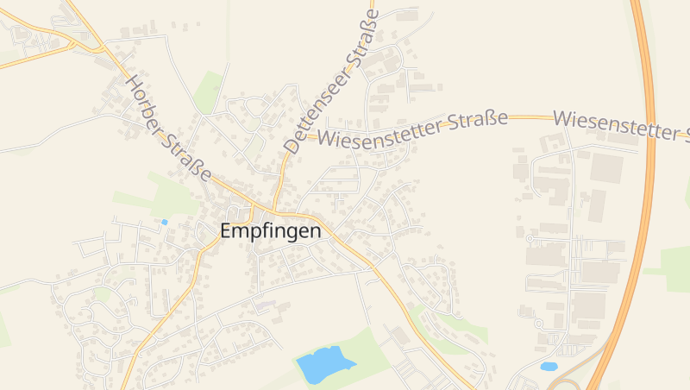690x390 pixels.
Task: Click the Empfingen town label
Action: (271, 231)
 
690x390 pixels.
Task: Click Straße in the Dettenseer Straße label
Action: (364, 41)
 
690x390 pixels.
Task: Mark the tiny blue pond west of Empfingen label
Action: (164, 222)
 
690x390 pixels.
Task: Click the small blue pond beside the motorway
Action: (549, 366)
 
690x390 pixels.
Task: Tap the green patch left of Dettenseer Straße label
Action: (208, 91)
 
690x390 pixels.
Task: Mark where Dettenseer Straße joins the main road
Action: (273, 210)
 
